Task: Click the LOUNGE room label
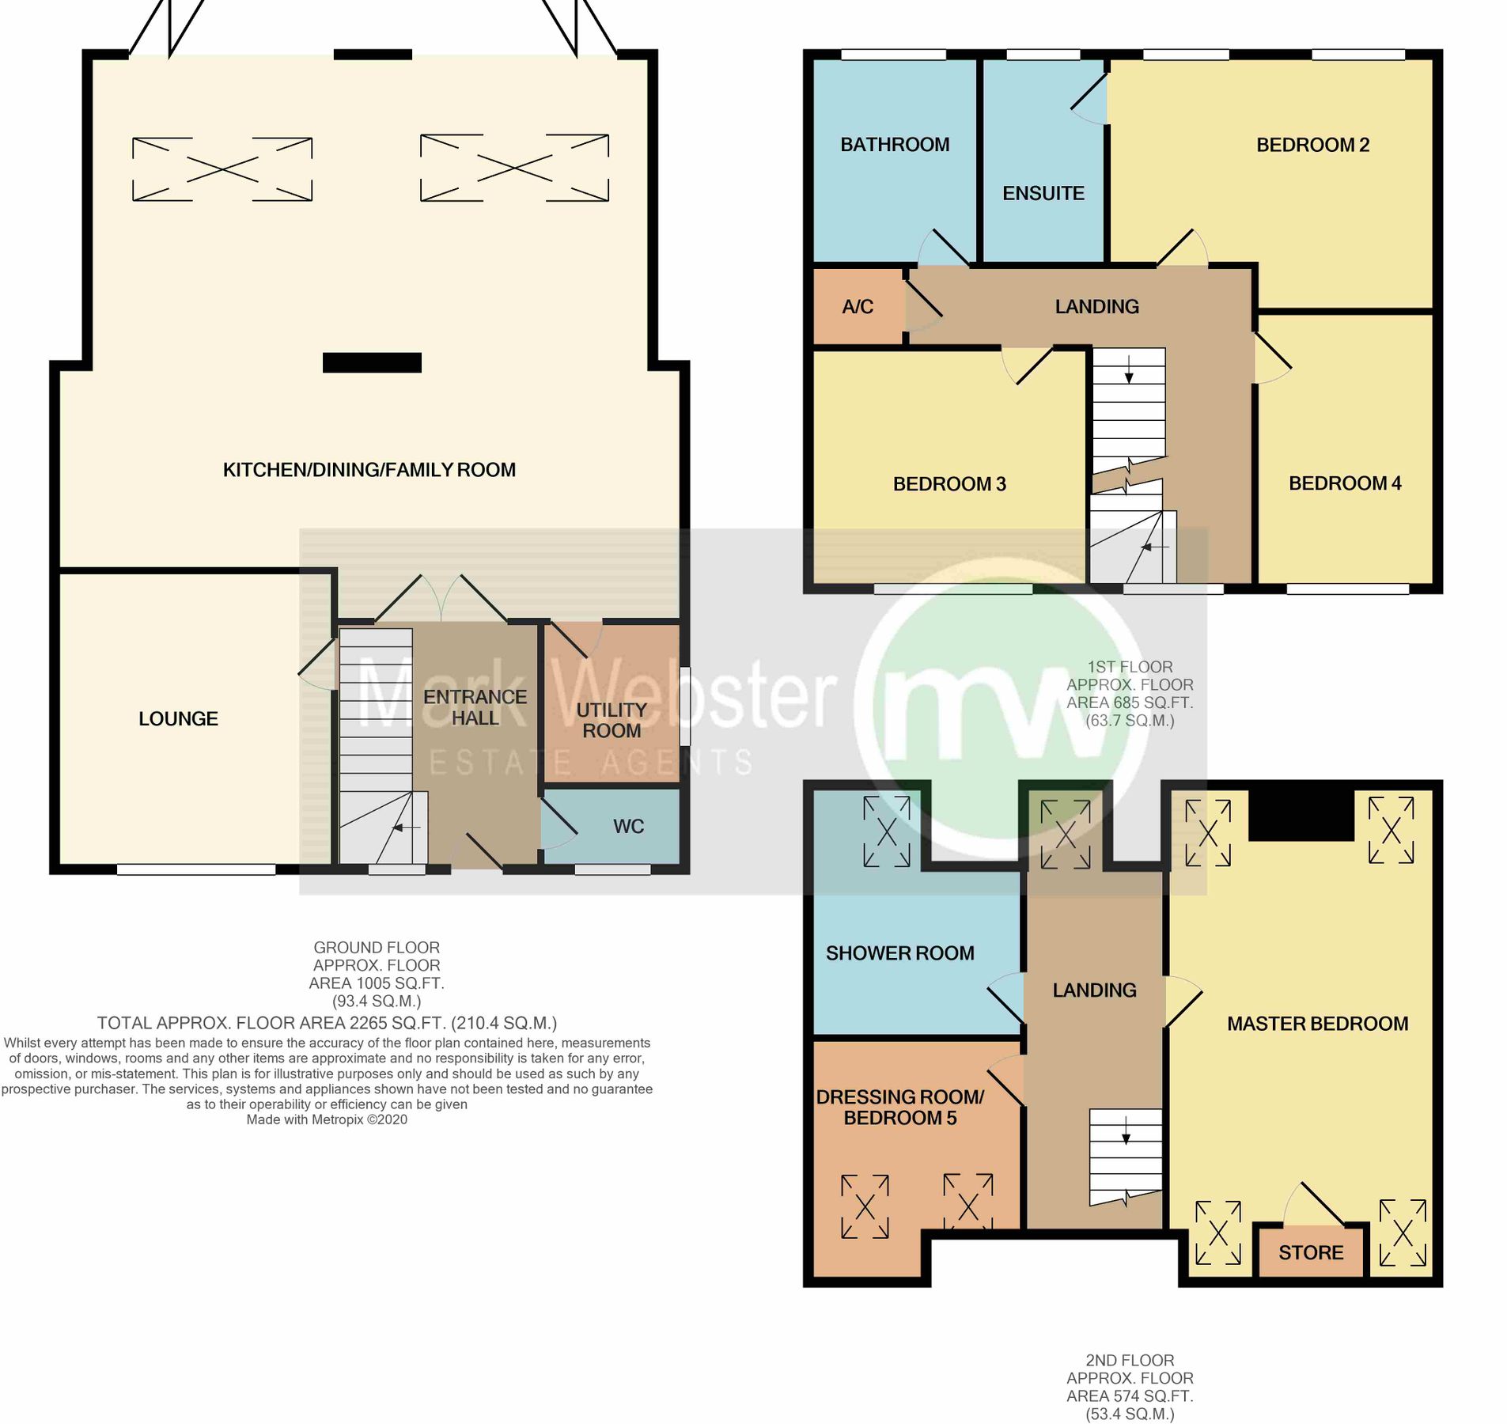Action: (x=178, y=718)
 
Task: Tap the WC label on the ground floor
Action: (x=628, y=826)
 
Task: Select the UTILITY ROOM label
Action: (x=612, y=720)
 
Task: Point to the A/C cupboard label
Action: (x=858, y=306)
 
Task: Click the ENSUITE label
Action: (x=1043, y=193)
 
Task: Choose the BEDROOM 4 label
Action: (x=1344, y=483)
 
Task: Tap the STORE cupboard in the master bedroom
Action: (x=1310, y=1252)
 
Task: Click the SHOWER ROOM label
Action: (x=899, y=952)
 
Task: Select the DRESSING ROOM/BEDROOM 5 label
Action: (x=900, y=1107)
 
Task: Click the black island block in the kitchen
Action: (x=372, y=362)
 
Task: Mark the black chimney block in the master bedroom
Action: (x=1301, y=815)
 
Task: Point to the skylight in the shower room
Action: (x=886, y=831)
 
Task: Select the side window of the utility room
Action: (x=684, y=706)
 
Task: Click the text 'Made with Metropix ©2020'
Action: (x=327, y=1119)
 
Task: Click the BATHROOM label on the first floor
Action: (x=894, y=144)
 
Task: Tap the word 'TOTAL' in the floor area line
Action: (x=123, y=1022)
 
